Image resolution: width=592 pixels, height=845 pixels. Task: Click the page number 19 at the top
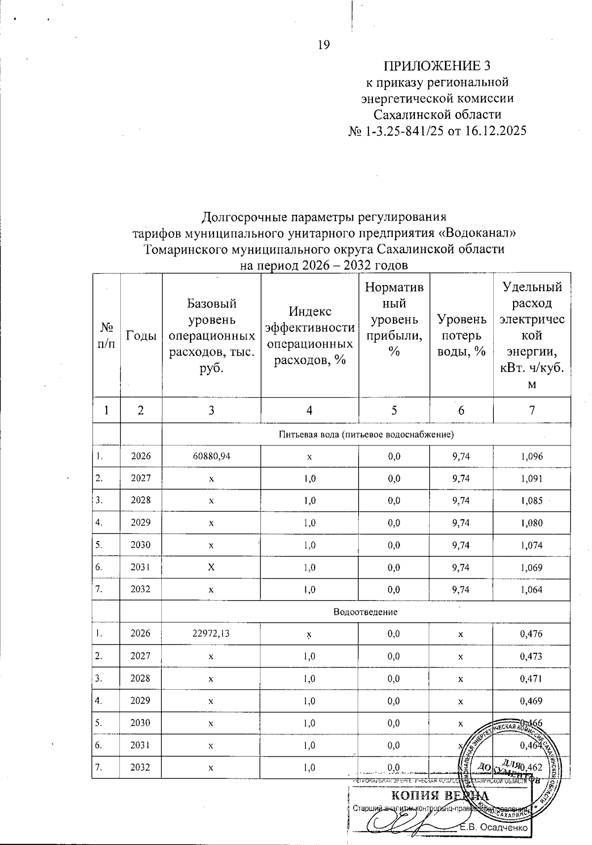tap(323, 45)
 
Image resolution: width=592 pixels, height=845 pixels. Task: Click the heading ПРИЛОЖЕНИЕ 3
tap(438, 66)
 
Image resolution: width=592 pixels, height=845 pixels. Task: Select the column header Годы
tap(141, 336)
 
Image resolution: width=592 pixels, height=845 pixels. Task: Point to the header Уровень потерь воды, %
tap(461, 335)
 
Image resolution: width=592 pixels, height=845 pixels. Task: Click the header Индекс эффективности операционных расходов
tap(309, 336)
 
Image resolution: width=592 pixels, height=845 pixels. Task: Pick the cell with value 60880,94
tap(211, 456)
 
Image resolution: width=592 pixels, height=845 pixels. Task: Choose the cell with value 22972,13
tap(211, 634)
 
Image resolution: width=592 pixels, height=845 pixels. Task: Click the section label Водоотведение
tap(366, 612)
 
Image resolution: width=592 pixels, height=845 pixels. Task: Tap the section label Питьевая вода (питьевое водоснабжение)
tap(366, 435)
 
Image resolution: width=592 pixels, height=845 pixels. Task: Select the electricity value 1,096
tap(531, 456)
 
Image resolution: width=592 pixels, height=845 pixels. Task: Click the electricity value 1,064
tap(531, 589)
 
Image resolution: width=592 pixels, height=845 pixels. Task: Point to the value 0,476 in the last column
tap(531, 634)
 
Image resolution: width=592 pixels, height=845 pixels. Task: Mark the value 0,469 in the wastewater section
tap(531, 701)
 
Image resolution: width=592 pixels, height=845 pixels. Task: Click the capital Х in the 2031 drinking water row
tap(211, 567)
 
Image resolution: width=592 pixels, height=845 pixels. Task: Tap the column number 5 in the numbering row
tap(394, 410)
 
